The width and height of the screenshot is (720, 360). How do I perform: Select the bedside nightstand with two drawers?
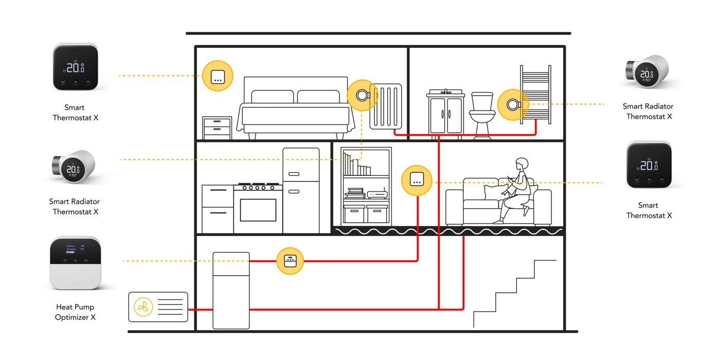click(x=217, y=128)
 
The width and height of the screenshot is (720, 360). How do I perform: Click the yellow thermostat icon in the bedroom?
click(x=218, y=76)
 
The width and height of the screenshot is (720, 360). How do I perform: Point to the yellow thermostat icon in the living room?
click(x=416, y=180)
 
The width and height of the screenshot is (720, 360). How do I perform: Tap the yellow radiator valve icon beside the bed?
click(x=362, y=95)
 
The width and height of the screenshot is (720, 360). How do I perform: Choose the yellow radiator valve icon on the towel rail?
click(x=512, y=105)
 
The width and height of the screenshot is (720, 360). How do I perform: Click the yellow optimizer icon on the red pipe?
click(x=290, y=261)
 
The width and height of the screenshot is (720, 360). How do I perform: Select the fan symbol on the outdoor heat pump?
click(x=143, y=307)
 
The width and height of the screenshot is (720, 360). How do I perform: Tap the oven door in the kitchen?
click(x=258, y=209)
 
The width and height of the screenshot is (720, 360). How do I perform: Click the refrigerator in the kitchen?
click(x=301, y=190)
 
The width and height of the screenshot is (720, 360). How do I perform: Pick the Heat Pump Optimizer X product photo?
click(x=75, y=263)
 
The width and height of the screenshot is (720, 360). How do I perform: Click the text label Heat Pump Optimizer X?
click(x=75, y=312)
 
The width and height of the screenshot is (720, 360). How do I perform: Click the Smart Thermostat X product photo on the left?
click(x=76, y=67)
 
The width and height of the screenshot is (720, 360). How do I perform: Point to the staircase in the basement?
click(x=514, y=296)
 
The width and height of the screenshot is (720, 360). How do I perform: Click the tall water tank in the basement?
click(x=231, y=291)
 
